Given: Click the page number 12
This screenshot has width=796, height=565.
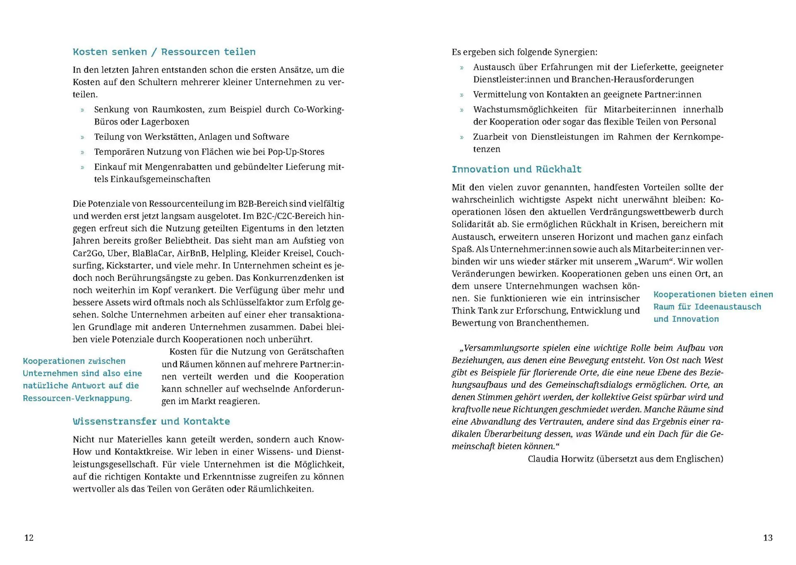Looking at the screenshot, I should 29,538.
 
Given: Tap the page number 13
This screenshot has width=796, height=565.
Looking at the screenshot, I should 767,538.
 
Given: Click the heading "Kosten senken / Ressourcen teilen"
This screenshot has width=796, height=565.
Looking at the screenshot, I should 164,52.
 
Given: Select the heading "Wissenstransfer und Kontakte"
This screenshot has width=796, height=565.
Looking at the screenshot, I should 151,421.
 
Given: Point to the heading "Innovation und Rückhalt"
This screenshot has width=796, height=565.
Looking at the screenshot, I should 517,169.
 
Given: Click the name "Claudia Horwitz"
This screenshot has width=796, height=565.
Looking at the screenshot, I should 561,459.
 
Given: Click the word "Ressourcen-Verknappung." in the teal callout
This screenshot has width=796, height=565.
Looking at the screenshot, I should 78,398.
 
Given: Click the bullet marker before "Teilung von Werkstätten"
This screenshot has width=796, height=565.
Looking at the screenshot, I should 83,137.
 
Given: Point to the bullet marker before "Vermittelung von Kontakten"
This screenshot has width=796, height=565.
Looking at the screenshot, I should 461,95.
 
